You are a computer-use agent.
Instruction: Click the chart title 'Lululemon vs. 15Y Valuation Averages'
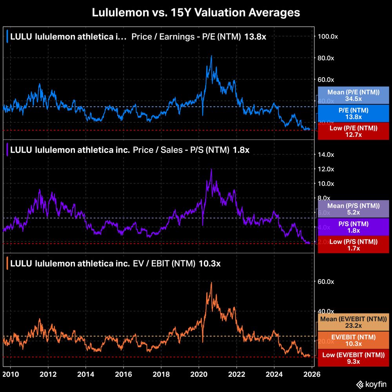pos(196,13)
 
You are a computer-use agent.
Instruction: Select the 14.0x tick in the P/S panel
pos(326,154)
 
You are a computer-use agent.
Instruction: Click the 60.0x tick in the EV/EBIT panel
pos(326,281)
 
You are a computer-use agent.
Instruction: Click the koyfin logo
pos(370,384)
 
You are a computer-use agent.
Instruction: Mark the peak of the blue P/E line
pos(211,56)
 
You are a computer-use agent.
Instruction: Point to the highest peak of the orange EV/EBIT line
pos(211,282)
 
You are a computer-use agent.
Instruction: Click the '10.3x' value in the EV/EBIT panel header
pos(209,263)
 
